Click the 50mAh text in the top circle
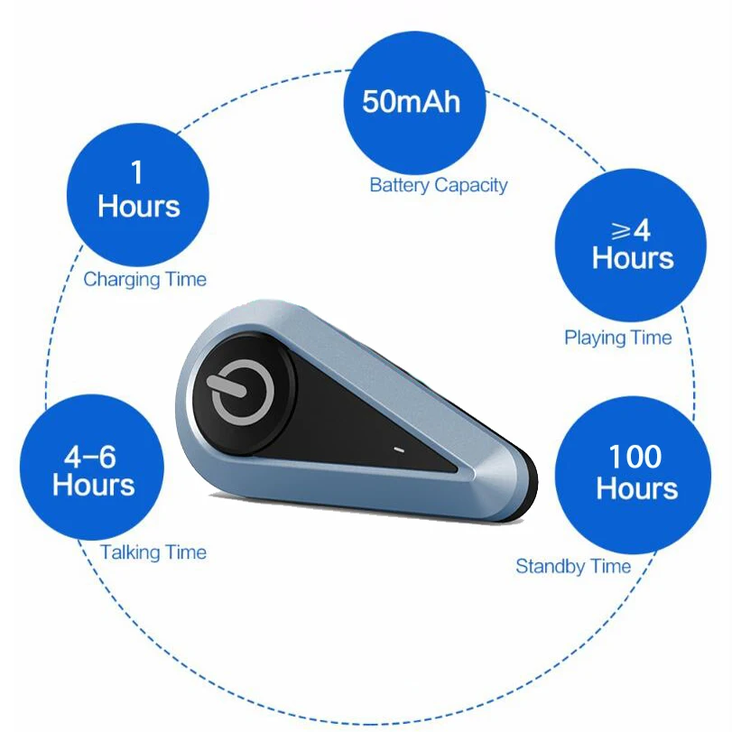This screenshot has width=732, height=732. (412, 101)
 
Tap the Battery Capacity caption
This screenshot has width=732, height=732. (439, 185)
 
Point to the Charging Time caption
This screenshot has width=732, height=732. (144, 279)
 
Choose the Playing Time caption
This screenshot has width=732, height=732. (618, 338)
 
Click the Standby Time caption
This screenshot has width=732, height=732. (573, 567)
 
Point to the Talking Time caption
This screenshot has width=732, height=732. (153, 552)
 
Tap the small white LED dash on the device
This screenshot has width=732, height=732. (397, 448)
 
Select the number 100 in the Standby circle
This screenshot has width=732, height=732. (635, 457)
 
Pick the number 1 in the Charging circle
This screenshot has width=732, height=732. (138, 171)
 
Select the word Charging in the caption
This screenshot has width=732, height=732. (122, 279)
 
